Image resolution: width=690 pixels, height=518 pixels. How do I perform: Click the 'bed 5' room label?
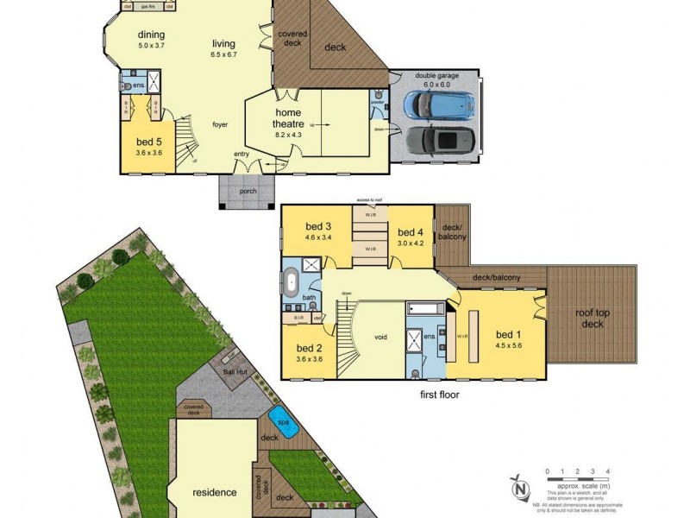click(x=149, y=141)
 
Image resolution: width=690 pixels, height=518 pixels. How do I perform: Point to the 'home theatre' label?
click(x=289, y=117)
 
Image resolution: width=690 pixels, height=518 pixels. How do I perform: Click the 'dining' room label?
click(x=151, y=35)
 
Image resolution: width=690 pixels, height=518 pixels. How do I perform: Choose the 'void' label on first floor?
click(x=384, y=338)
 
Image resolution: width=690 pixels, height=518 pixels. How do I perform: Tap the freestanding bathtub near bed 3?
click(x=291, y=281)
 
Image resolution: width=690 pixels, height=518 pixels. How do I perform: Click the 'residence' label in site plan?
click(x=214, y=492)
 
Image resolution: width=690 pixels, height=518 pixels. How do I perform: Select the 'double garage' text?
click(x=437, y=75)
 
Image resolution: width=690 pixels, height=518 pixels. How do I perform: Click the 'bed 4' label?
click(x=410, y=231)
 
